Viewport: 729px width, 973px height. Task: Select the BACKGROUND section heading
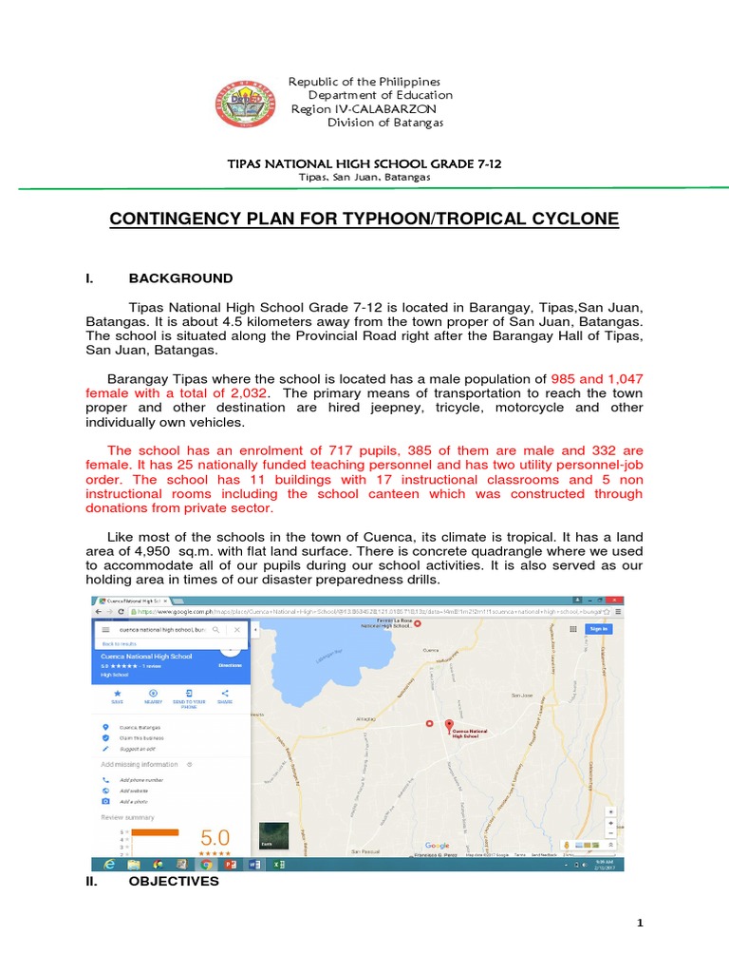(x=180, y=278)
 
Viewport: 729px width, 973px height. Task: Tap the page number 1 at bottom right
(x=640, y=924)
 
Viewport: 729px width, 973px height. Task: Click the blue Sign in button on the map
(x=599, y=628)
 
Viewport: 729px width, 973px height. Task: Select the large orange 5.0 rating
(x=215, y=838)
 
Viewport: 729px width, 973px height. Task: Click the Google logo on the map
(x=437, y=845)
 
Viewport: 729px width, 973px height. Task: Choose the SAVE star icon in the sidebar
(x=117, y=694)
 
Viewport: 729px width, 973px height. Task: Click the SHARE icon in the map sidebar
(x=225, y=694)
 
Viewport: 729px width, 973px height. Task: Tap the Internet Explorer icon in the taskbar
(x=110, y=865)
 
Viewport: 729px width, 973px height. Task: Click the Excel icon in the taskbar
(x=277, y=865)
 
